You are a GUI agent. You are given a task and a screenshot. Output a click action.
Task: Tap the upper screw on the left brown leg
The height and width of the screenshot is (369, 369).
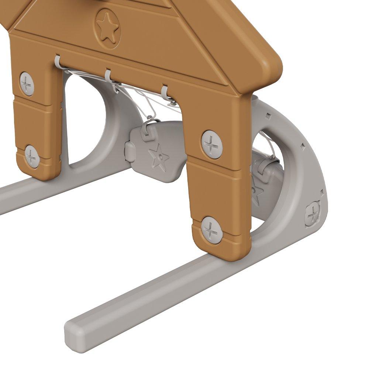(27, 84)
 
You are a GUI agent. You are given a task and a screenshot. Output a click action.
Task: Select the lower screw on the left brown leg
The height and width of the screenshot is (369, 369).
(32, 156)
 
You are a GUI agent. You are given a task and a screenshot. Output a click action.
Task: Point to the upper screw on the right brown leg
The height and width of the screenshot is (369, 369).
(213, 144)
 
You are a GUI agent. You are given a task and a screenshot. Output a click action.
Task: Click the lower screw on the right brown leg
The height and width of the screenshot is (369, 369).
(212, 230)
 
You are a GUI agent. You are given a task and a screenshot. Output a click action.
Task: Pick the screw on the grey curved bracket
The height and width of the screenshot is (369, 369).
(313, 214)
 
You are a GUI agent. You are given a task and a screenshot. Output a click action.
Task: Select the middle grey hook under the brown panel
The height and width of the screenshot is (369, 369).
(108, 76)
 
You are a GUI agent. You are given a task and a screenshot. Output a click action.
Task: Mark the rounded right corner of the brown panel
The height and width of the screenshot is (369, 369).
(271, 68)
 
